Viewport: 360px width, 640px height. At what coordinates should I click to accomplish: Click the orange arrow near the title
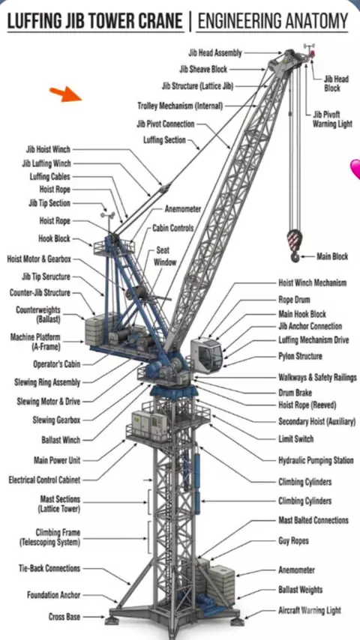[x=66, y=94]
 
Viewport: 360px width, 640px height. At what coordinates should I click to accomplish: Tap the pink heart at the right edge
[x=355, y=169]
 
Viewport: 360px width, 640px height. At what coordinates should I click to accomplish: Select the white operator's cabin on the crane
[x=207, y=353]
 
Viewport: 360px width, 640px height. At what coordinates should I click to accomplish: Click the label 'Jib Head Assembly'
[x=215, y=53]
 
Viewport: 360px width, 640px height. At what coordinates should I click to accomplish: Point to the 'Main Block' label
[x=332, y=257]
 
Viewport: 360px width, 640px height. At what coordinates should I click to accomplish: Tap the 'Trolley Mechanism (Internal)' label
[x=180, y=106]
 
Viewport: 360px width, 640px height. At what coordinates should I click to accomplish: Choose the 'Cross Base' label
[x=64, y=617]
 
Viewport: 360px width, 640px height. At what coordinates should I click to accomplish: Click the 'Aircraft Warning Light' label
[x=309, y=611]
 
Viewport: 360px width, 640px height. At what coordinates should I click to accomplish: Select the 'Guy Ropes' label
[x=293, y=541]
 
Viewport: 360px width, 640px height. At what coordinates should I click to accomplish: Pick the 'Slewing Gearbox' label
[x=56, y=420]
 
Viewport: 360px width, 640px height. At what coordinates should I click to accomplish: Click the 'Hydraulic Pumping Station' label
[x=316, y=461]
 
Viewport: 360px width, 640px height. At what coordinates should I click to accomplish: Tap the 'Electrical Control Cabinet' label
[x=44, y=480]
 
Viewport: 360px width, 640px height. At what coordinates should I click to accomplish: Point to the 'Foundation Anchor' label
[x=53, y=595]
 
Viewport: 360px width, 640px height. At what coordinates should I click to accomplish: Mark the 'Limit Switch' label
[x=295, y=439]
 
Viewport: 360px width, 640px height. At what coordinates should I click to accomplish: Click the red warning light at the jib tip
[x=313, y=53]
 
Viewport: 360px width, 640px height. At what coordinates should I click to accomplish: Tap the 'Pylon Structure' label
[x=300, y=356]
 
